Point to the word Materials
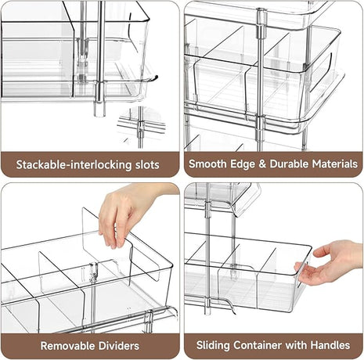tap(334, 165)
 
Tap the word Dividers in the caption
tap(118, 345)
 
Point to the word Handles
tap(336, 345)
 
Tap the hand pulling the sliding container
tap(333, 262)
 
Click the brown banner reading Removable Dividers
tap(89, 345)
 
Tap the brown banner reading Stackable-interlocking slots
tap(89, 165)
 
